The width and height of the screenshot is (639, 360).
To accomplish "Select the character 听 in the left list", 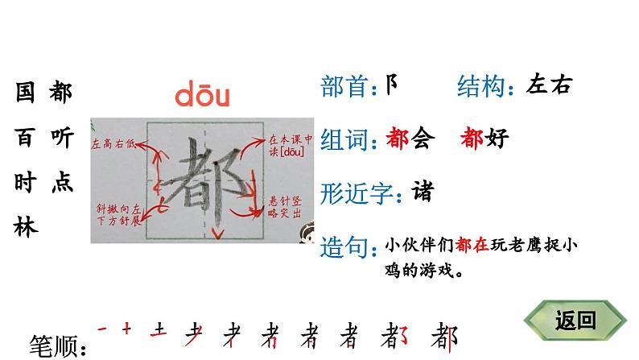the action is [60, 138].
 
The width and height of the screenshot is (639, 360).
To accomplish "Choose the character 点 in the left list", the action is [60, 183].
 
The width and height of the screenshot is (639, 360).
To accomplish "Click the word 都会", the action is [410, 139].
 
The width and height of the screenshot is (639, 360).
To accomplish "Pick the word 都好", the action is [484, 139].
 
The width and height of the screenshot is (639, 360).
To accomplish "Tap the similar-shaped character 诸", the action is [421, 192].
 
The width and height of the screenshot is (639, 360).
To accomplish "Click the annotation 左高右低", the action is [116, 143].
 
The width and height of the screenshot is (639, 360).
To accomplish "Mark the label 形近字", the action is [359, 193].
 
